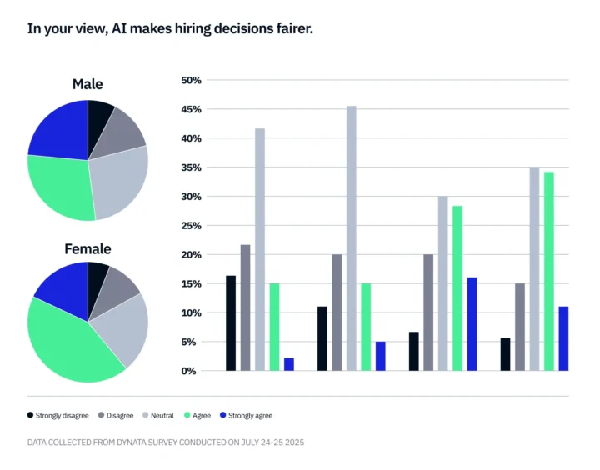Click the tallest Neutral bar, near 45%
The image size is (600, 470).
[352, 238]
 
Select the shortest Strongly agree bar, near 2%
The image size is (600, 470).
[289, 364]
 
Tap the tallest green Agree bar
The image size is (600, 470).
[549, 271]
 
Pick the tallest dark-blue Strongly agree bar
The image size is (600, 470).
[472, 324]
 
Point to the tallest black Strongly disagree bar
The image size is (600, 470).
[231, 322]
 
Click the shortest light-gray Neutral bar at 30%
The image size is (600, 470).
[442, 283]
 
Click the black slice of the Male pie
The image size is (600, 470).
[98, 115]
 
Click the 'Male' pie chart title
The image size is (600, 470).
[87, 84]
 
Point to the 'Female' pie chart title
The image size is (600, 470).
[87, 248]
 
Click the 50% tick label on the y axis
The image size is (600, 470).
[191, 81]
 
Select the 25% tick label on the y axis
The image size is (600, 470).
[191, 226]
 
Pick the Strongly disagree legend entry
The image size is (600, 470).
[59, 415]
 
